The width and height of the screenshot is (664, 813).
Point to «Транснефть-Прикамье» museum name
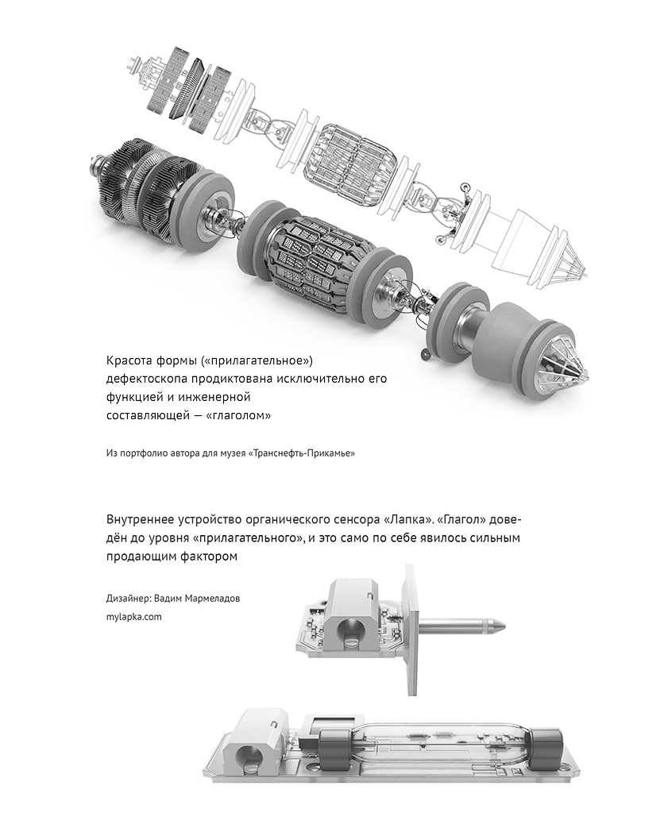pyautogui.click(x=303, y=453)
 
